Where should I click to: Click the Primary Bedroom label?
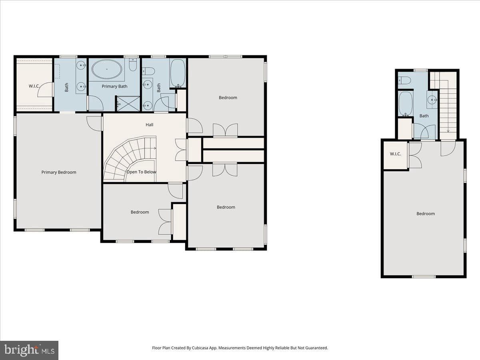59,172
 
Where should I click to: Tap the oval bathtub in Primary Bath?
107,69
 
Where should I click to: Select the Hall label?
149,124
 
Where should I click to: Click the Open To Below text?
141,172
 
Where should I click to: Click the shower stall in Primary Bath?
128,104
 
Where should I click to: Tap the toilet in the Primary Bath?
133,64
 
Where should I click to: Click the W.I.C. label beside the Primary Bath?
34,86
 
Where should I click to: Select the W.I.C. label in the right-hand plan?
396,154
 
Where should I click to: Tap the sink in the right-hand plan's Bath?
432,100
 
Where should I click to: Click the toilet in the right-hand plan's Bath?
404,80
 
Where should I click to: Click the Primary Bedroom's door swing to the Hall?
94,124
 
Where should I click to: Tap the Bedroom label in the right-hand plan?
426,214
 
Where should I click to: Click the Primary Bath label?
114,86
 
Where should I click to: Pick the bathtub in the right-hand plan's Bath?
406,103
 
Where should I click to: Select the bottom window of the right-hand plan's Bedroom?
424,276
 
